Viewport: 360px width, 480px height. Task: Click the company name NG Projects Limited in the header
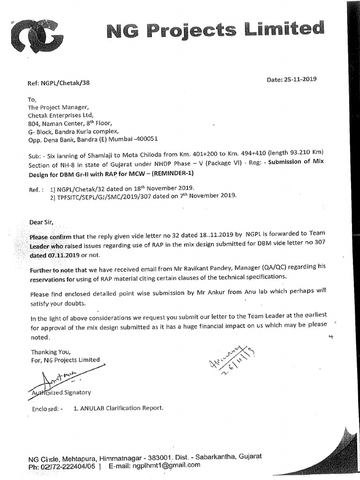215,31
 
